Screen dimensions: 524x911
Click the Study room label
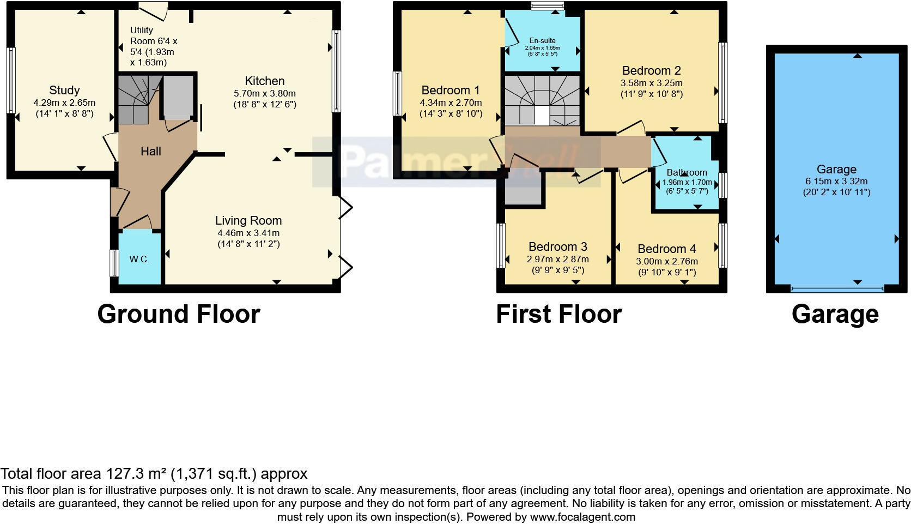click(x=64, y=90)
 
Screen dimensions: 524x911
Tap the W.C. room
click(x=139, y=259)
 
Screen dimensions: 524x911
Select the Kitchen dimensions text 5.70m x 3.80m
click(x=265, y=93)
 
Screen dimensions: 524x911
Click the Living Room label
click(x=248, y=220)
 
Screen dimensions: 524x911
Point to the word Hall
click(x=151, y=151)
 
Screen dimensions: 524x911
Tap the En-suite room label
click(x=543, y=40)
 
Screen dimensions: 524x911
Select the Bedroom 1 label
click(x=451, y=90)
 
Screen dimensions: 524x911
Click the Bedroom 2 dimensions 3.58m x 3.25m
click(x=652, y=83)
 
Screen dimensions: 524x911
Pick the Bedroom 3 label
click(x=558, y=246)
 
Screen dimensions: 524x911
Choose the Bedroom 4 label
click(x=667, y=249)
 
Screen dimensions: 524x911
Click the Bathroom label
click(x=687, y=172)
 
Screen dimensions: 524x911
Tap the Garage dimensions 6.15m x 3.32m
click(x=836, y=181)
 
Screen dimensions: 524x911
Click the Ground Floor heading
click(x=179, y=314)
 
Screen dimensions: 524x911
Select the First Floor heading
click(x=558, y=314)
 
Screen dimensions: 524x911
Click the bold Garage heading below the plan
click(x=835, y=314)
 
